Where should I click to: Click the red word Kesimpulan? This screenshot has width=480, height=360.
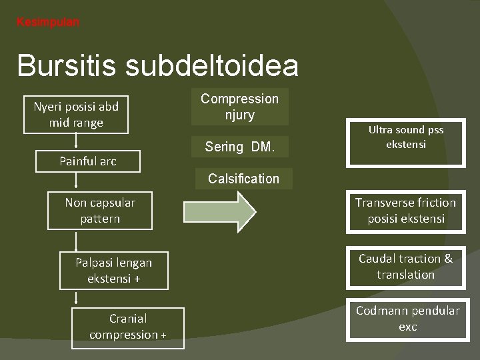click(x=47, y=22)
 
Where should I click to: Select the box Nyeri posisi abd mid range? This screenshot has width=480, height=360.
click(x=76, y=114)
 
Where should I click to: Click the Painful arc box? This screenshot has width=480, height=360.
click(x=87, y=161)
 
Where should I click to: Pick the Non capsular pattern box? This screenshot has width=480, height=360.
click(x=99, y=210)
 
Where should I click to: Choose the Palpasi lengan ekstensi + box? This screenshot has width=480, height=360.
click(x=113, y=271)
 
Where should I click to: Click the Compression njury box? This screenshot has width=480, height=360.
click(x=240, y=107)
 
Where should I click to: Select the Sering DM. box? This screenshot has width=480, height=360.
click(x=239, y=147)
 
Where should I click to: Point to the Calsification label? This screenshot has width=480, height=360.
click(x=243, y=179)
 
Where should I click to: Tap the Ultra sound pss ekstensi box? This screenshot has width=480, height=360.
click(x=405, y=137)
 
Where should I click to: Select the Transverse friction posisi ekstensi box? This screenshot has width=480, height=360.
click(x=405, y=211)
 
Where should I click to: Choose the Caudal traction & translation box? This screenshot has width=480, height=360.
click(x=405, y=267)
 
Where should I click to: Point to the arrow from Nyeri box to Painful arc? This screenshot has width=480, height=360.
click(x=76, y=140)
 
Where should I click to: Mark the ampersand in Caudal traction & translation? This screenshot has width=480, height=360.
click(x=447, y=259)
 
